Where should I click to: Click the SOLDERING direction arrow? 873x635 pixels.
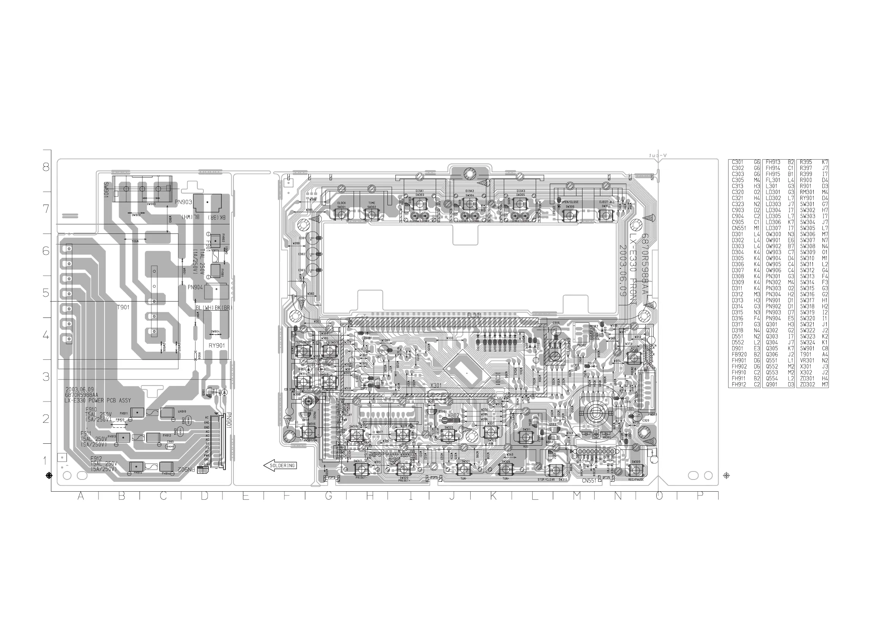[280, 465]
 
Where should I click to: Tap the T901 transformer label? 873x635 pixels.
[123, 307]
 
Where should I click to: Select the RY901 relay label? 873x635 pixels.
[217, 346]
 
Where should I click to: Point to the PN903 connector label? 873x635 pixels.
[183, 202]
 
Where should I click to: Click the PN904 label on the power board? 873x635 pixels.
[195, 287]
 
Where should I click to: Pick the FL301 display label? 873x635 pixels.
[474, 315]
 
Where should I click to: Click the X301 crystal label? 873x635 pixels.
[436, 385]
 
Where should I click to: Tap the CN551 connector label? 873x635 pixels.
[589, 481]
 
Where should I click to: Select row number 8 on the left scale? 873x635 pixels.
[46, 167]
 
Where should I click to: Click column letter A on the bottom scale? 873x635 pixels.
[81, 497]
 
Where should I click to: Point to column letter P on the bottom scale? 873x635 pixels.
[700, 497]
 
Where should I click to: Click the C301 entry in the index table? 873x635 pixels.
[738, 162]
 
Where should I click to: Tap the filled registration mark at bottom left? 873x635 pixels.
[49, 476]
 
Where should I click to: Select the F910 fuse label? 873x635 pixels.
[91, 410]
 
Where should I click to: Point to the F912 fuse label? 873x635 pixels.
[96, 459]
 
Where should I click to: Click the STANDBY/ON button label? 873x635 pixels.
[308, 440]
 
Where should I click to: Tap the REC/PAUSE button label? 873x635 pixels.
[636, 479]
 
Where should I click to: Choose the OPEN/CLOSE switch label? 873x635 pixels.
[570, 202]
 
